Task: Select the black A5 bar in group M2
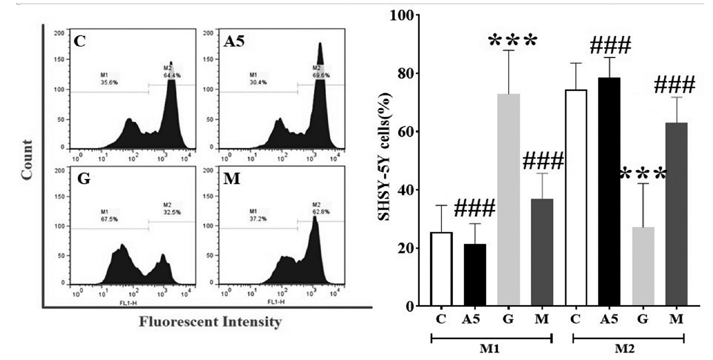[609, 192]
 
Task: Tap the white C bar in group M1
[441, 269]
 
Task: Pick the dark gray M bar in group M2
[676, 214]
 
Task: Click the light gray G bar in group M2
[643, 266]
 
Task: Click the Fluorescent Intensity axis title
[210, 322]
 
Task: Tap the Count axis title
[27, 160]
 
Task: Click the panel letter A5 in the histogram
[234, 41]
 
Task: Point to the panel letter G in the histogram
[83, 179]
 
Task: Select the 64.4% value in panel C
[173, 75]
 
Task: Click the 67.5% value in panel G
[109, 219]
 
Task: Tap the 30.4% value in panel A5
[258, 82]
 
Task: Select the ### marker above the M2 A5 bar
[610, 45]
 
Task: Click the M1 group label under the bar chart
[490, 349]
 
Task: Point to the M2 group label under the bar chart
[625, 349]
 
